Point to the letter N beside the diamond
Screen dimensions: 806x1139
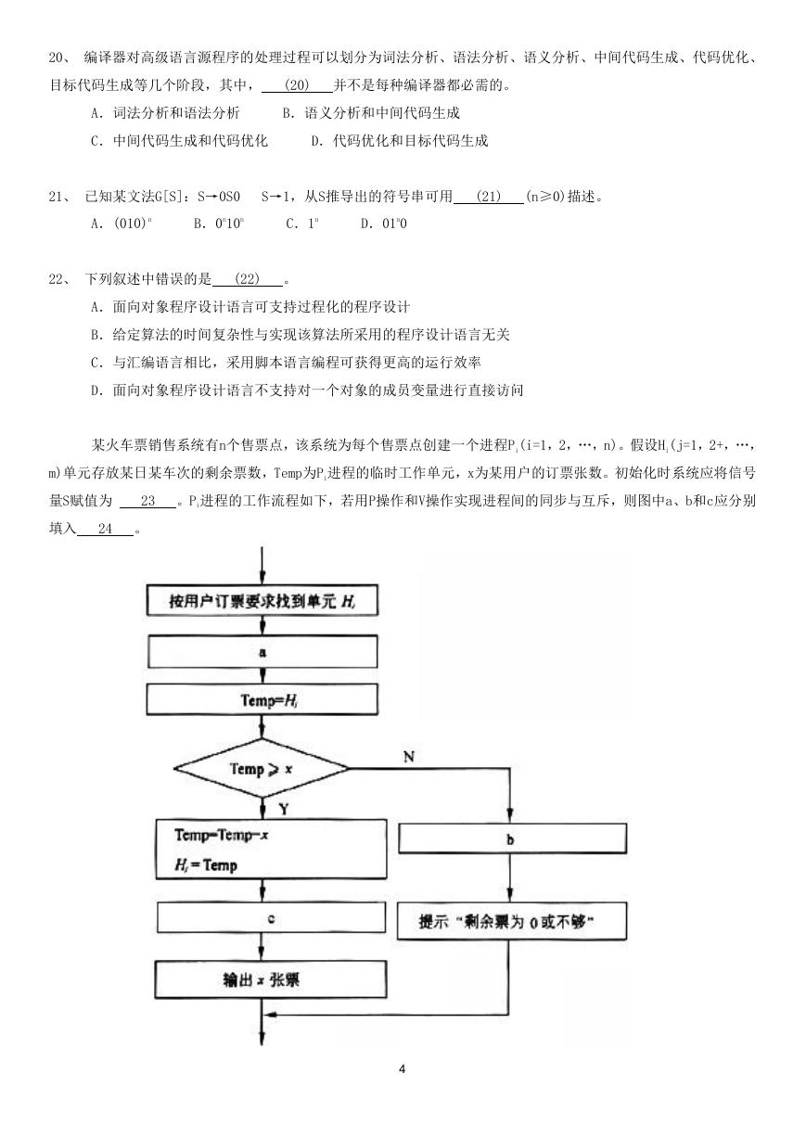tap(409, 757)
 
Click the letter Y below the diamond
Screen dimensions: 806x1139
tap(284, 809)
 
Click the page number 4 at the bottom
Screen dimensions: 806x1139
tap(403, 1069)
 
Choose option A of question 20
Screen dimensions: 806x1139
tap(165, 113)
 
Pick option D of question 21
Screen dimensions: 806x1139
tap(383, 224)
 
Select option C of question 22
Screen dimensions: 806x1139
tap(286, 363)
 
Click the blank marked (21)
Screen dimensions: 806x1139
tap(488, 197)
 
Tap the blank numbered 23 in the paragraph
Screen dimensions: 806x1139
tap(148, 501)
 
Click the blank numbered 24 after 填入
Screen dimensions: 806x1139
tap(105, 529)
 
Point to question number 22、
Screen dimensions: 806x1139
tap(60, 279)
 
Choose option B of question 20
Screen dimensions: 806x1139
tap(371, 113)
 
